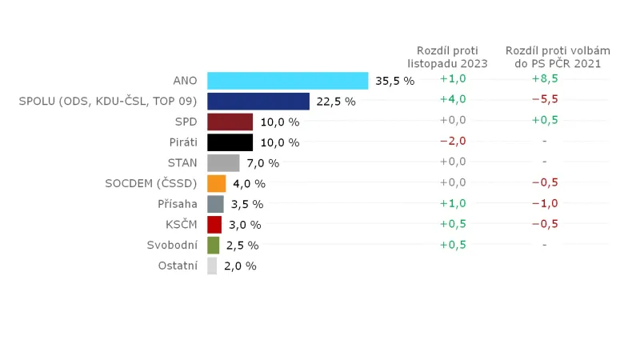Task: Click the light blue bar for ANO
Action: click(x=287, y=81)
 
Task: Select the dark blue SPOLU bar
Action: click(x=258, y=101)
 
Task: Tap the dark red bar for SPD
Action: click(x=230, y=122)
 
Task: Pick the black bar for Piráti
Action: click(x=230, y=142)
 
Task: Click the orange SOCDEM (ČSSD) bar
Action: click(x=216, y=183)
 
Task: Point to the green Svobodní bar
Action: click(x=213, y=245)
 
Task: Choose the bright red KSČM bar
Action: click(x=214, y=224)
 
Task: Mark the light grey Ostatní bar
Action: click(x=212, y=266)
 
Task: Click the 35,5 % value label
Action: click(x=395, y=81)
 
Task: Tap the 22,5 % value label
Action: click(x=336, y=102)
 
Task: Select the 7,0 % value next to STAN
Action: click(x=263, y=163)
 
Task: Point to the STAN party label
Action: click(x=182, y=163)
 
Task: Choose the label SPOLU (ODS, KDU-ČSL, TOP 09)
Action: click(x=108, y=102)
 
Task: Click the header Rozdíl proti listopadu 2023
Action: click(x=448, y=57)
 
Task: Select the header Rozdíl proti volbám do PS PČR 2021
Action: click(x=545, y=57)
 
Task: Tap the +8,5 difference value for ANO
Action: click(x=545, y=78)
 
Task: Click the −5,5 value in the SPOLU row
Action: click(x=545, y=99)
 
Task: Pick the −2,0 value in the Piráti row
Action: click(x=453, y=141)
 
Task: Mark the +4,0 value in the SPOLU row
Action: click(x=453, y=99)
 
